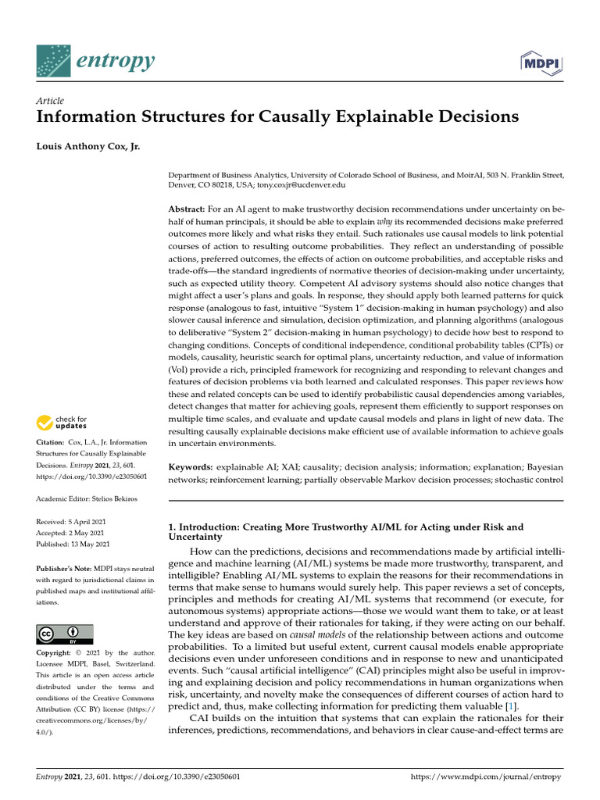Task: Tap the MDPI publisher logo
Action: tap(541, 62)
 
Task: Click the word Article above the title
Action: tap(50, 101)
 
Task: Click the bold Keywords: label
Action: tap(190, 466)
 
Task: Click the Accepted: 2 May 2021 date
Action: tap(71, 532)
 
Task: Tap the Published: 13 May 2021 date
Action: tap(73, 544)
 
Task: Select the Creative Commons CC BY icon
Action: tap(65, 634)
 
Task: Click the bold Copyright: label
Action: tap(57, 652)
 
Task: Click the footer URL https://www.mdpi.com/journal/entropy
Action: tap(487, 778)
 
